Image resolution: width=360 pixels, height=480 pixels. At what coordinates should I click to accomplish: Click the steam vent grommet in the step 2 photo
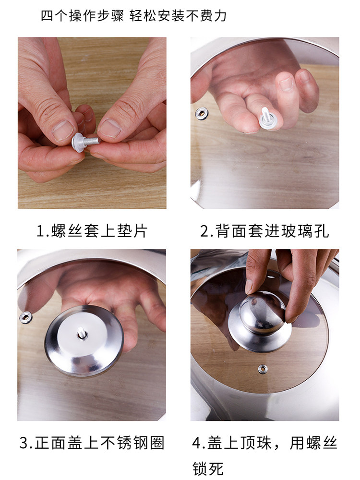(x=202, y=113)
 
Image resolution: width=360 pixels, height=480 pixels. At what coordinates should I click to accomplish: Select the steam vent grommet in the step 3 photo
(x=25, y=317)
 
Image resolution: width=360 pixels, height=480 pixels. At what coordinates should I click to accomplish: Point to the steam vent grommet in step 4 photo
(x=263, y=369)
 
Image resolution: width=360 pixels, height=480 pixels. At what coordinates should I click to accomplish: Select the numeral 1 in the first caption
(x=41, y=231)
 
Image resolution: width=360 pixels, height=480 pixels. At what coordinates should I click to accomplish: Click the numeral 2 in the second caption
(x=205, y=231)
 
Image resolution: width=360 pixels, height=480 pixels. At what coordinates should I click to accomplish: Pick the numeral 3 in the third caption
(x=24, y=443)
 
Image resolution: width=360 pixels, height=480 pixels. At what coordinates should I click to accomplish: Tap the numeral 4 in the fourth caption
(x=197, y=443)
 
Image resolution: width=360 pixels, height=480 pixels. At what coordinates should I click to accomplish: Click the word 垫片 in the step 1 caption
(x=132, y=231)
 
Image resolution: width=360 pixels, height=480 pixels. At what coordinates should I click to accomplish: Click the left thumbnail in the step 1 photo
(x=63, y=130)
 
